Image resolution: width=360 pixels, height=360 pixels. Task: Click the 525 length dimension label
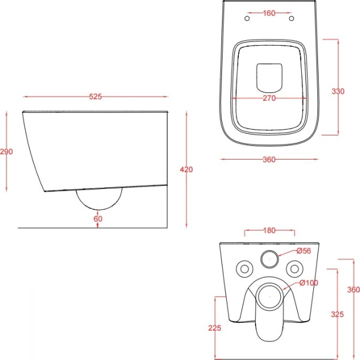pyautogui.click(x=95, y=97)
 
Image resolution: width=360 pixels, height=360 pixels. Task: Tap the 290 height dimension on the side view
pyautogui.click(x=7, y=152)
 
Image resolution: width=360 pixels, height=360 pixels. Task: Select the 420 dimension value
pyautogui.click(x=186, y=169)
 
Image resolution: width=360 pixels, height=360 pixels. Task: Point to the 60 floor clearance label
pyautogui.click(x=98, y=218)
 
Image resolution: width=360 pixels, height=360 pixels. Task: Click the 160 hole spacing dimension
pyautogui.click(x=269, y=13)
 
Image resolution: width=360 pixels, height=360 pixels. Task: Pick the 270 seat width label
pyautogui.click(x=269, y=98)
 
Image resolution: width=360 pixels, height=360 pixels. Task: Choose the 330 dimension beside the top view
pyautogui.click(x=338, y=91)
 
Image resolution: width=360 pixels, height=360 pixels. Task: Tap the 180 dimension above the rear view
pyautogui.click(x=269, y=230)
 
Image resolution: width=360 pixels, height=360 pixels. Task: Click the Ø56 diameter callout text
pyautogui.click(x=304, y=251)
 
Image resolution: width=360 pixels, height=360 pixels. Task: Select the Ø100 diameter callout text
pyautogui.click(x=309, y=283)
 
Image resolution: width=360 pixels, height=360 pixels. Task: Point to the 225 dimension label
pyautogui.click(x=215, y=328)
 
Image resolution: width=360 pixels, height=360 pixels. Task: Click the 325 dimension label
pyautogui.click(x=337, y=314)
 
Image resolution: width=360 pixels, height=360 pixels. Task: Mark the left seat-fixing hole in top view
pyautogui.click(x=247, y=19)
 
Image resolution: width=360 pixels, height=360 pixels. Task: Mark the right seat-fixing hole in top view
pyautogui.click(x=292, y=19)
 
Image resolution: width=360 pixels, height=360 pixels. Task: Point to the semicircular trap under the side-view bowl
pyautogui.click(x=99, y=209)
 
